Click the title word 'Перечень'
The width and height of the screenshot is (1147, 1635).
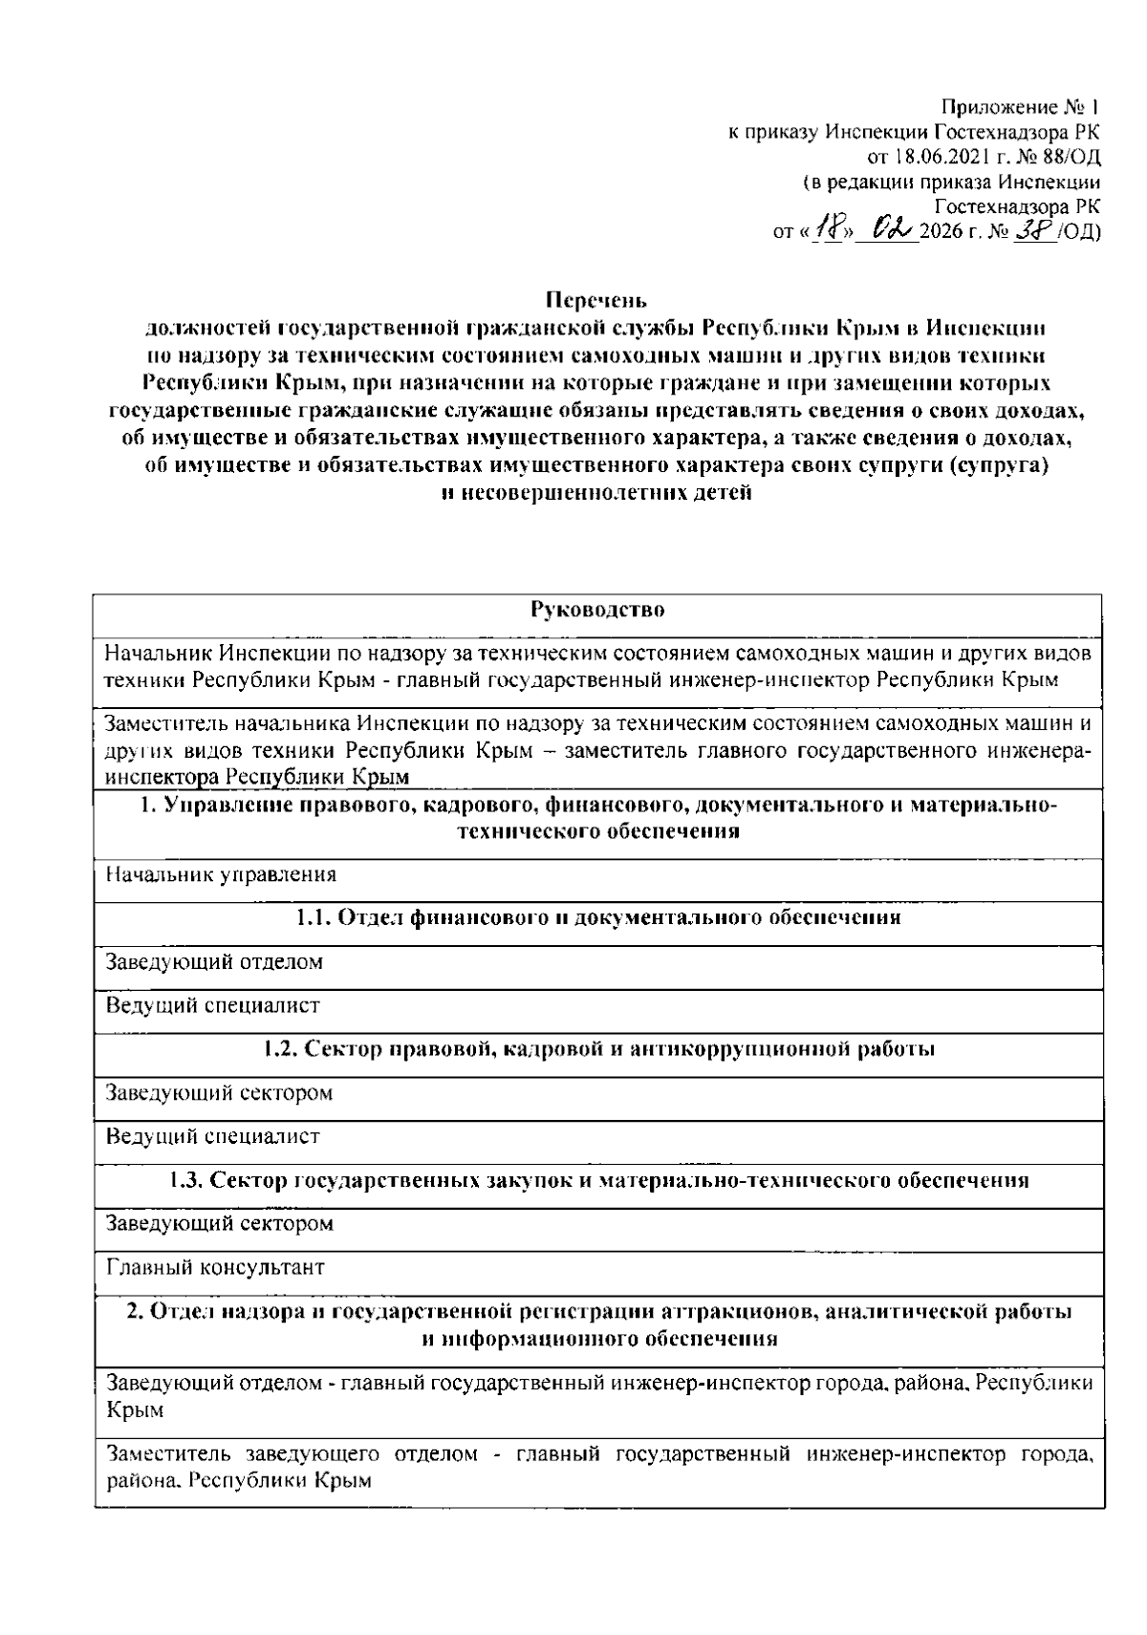tap(596, 300)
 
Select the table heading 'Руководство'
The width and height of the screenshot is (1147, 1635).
tap(596, 610)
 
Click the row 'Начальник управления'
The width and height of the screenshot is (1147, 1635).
tap(221, 873)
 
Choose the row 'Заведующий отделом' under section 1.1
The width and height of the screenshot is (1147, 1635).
tap(214, 961)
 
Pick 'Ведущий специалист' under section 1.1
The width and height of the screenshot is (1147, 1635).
tap(212, 1005)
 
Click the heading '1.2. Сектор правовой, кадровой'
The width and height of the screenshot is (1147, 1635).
tap(598, 1049)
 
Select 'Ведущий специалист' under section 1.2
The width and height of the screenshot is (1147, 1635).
tap(212, 1136)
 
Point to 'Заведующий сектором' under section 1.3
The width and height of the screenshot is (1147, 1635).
tap(219, 1223)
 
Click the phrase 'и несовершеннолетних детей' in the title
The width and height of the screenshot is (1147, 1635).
tap(596, 494)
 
